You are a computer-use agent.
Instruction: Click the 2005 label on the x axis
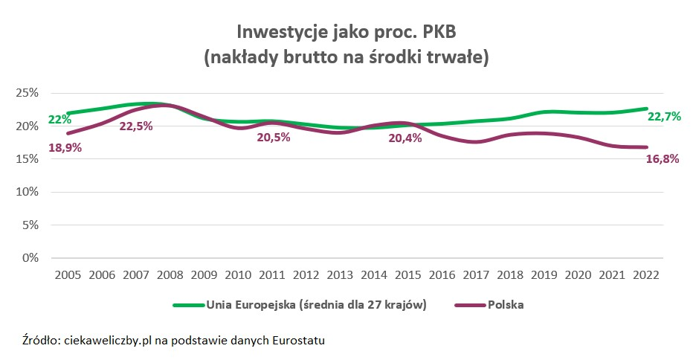tap(68, 274)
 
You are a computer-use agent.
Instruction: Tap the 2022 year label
tap(645, 274)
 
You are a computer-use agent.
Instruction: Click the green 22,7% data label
tap(665, 117)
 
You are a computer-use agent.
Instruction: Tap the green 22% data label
tap(59, 120)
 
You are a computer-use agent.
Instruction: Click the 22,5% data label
tap(136, 126)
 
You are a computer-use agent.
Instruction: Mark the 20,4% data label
tap(405, 138)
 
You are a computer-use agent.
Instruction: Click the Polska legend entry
tap(506, 305)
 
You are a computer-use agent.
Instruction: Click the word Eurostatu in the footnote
tap(299, 341)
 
